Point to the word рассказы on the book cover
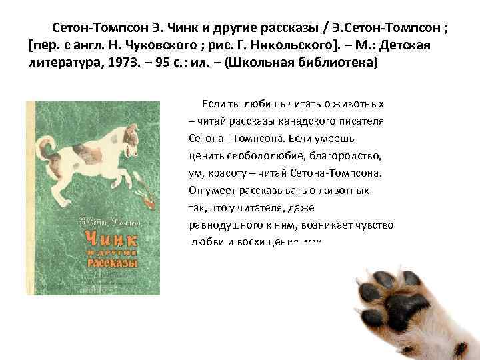113,262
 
